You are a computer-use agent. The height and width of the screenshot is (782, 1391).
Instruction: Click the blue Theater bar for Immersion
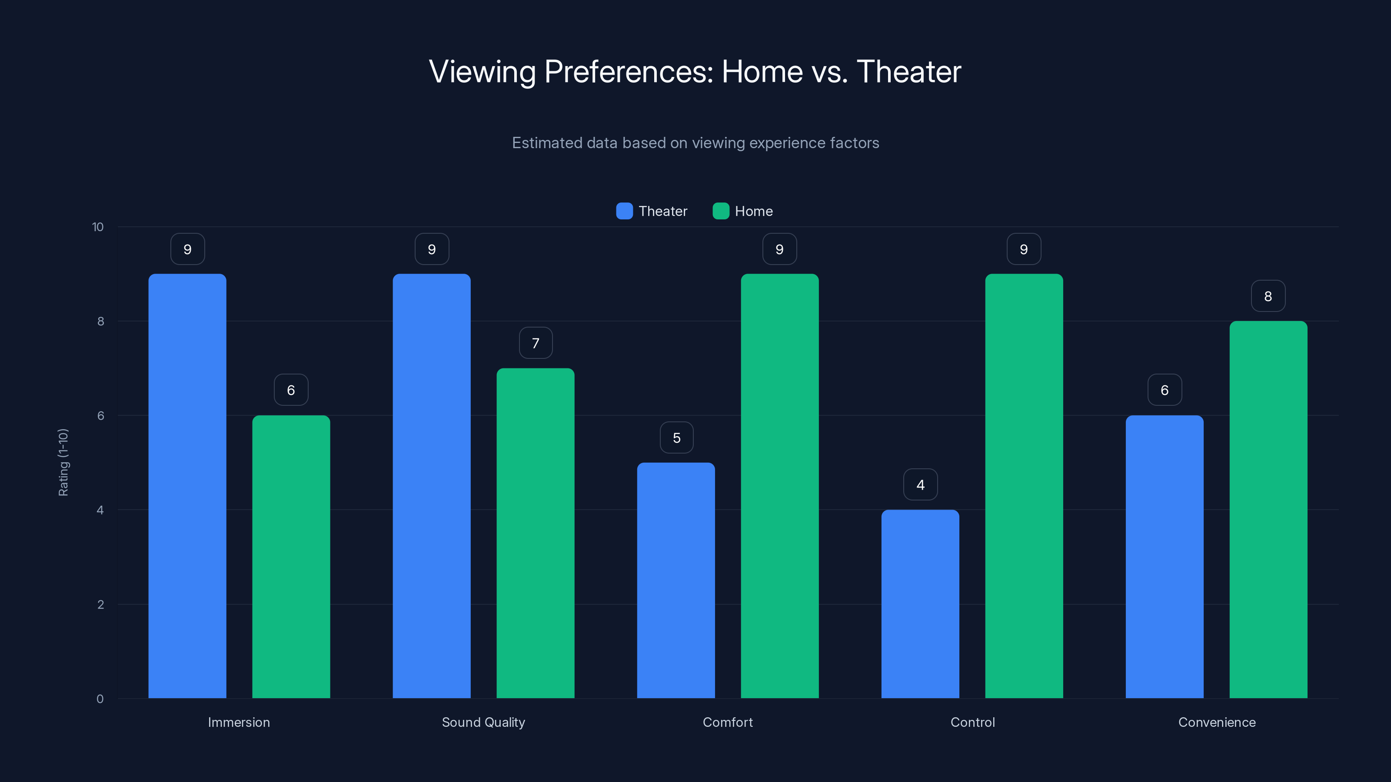[187, 486]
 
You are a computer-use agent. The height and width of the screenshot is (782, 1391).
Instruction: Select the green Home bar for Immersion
[291, 557]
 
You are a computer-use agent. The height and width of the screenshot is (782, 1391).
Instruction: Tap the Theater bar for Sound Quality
[432, 486]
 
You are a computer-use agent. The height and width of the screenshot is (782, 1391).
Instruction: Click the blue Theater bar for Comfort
[676, 580]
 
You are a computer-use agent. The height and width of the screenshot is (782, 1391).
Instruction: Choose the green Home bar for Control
[1024, 486]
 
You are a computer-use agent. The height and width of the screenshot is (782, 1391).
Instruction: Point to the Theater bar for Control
[920, 604]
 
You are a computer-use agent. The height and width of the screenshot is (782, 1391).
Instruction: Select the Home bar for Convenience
[1268, 510]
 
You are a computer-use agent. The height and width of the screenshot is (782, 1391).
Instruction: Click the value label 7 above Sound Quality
[536, 343]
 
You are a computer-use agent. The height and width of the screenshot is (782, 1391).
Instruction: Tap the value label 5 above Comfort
[677, 437]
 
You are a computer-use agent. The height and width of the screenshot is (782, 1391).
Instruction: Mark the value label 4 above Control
[921, 485]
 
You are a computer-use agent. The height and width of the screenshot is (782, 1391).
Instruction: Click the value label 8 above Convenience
[1268, 296]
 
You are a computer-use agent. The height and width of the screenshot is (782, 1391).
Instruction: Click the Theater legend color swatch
[624, 211]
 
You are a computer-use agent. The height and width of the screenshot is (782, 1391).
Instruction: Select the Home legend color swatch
[721, 211]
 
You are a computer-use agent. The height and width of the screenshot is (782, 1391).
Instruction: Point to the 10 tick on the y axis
[98, 227]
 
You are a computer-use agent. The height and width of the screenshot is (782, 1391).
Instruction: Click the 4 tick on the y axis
[100, 510]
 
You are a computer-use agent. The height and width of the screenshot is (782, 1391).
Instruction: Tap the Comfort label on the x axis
[727, 722]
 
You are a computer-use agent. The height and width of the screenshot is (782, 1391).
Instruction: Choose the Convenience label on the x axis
[1217, 722]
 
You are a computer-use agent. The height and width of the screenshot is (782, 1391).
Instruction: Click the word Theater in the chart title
[909, 72]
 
